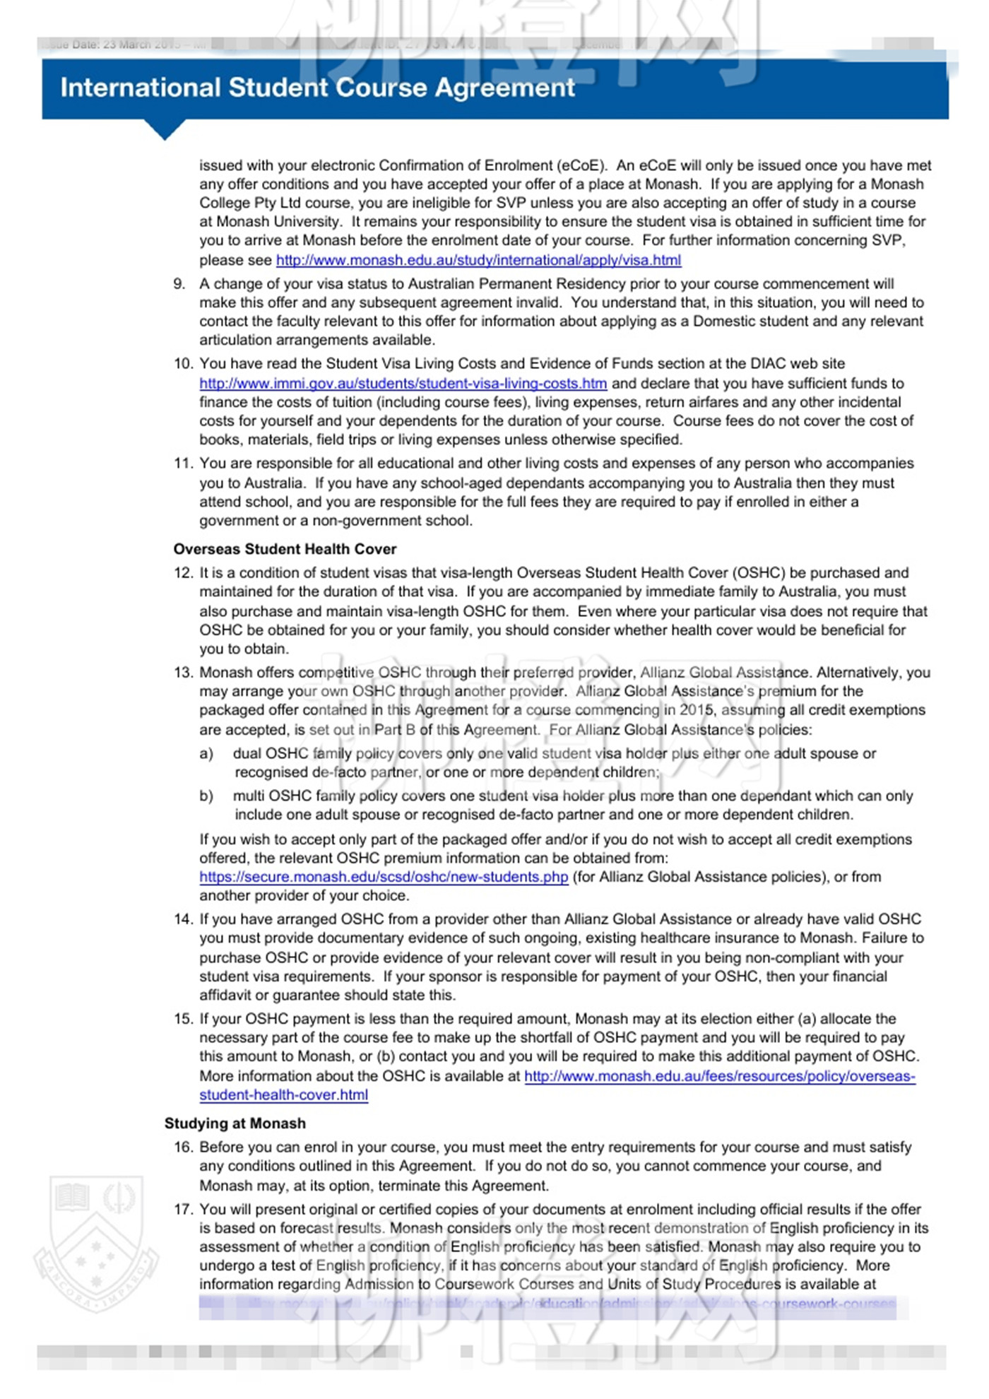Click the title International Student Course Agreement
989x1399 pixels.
(317, 88)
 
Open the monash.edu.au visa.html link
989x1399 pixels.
(478, 260)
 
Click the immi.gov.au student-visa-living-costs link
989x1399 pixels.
(403, 384)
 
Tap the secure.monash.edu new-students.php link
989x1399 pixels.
(384, 877)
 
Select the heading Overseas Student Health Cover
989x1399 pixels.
(285, 549)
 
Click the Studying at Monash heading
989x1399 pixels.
(235, 1123)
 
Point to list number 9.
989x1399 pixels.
(179, 284)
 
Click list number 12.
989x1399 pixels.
(183, 573)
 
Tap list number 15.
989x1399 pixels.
(183, 1019)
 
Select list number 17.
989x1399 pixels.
(183, 1210)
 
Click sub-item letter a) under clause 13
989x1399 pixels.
(206, 754)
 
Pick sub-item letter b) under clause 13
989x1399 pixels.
(206, 796)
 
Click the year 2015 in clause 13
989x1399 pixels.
(697, 710)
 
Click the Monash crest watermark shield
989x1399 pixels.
(95, 1242)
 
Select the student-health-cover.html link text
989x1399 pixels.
(283, 1095)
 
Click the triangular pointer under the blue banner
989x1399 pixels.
(165, 130)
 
